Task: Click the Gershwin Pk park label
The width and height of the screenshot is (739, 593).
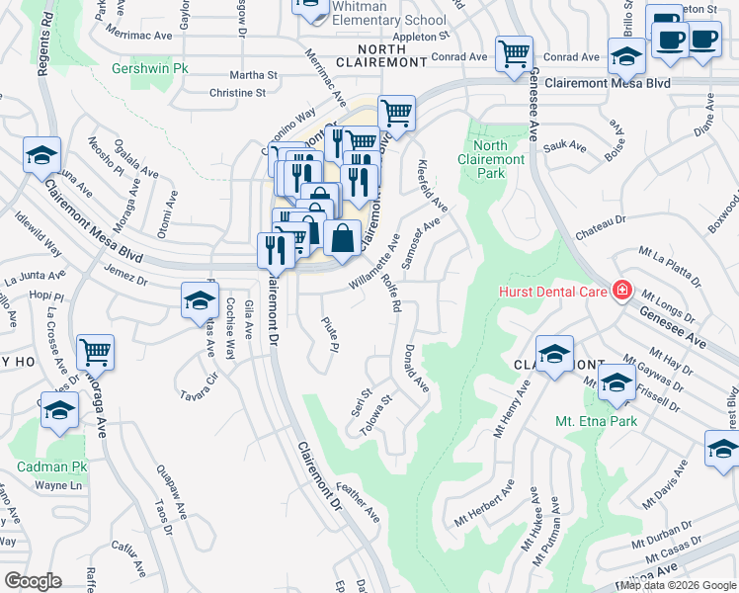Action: (149, 70)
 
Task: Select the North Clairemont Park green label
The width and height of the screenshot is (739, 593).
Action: (491, 159)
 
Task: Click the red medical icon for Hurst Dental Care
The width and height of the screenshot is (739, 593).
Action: (621, 291)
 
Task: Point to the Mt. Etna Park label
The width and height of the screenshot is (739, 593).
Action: (596, 421)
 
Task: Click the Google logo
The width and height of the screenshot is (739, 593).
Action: (33, 581)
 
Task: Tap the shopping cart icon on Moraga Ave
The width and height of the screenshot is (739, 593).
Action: (95, 351)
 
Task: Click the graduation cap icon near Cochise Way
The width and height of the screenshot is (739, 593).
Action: (199, 299)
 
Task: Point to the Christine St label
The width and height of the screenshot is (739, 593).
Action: (237, 93)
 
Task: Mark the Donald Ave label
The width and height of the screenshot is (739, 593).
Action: (416, 367)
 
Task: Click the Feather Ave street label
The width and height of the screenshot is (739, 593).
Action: (357, 501)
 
